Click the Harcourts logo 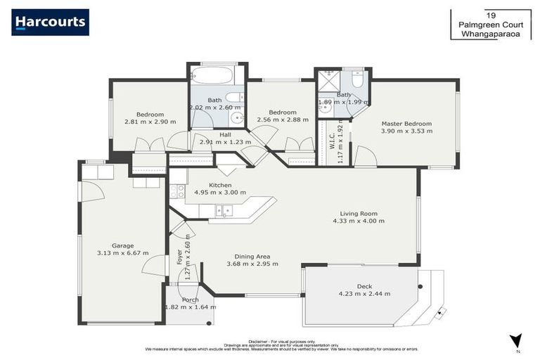50,22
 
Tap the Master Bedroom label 406,124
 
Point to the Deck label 364,286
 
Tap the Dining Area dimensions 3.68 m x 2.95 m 252,264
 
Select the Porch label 190,300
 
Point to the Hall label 225,134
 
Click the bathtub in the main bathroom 216,75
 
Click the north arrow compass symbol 517,341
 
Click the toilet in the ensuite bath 357,81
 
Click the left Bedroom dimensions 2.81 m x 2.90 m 150,122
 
